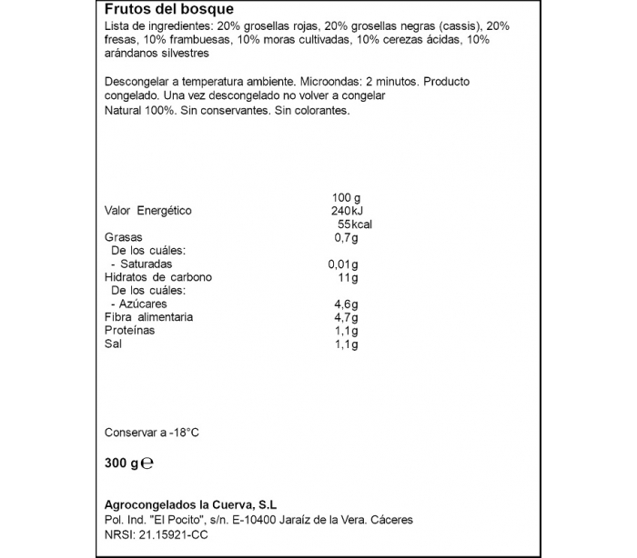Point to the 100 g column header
click(x=348, y=197)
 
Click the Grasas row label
click(x=123, y=238)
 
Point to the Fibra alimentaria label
click(x=149, y=317)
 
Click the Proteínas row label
click(x=130, y=331)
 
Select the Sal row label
click(x=113, y=344)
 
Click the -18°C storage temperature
click(x=179, y=433)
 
